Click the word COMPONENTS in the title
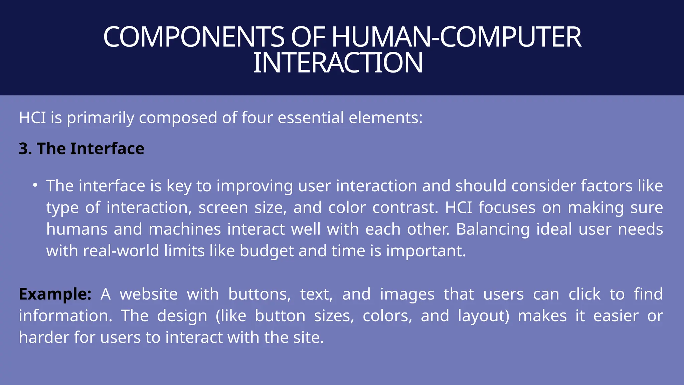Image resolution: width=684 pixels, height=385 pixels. click(x=194, y=37)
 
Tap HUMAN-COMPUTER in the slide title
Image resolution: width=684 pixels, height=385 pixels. click(x=456, y=37)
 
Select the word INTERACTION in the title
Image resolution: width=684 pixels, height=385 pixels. click(x=338, y=63)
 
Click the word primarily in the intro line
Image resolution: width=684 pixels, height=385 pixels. click(x=101, y=118)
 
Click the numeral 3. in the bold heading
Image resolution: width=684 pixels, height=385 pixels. click(x=25, y=149)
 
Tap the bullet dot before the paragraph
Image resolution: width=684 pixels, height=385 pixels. click(x=35, y=185)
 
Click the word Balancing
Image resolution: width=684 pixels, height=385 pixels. click(x=493, y=229)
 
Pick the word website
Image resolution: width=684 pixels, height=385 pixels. click(x=149, y=294)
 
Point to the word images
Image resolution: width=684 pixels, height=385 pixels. click(x=407, y=294)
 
